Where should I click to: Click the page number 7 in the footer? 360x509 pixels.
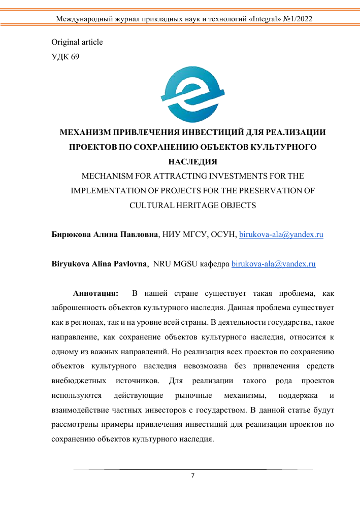click(x=192, y=476)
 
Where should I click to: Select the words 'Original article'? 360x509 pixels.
click(x=77, y=42)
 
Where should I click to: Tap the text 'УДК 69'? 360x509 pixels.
click(x=66, y=56)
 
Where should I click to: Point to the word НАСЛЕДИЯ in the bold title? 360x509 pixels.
click(x=192, y=162)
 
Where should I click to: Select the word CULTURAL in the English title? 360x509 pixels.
click(x=151, y=206)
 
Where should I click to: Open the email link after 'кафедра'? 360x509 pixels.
click(x=274, y=264)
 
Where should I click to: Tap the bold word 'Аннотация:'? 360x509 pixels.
click(x=96, y=293)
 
